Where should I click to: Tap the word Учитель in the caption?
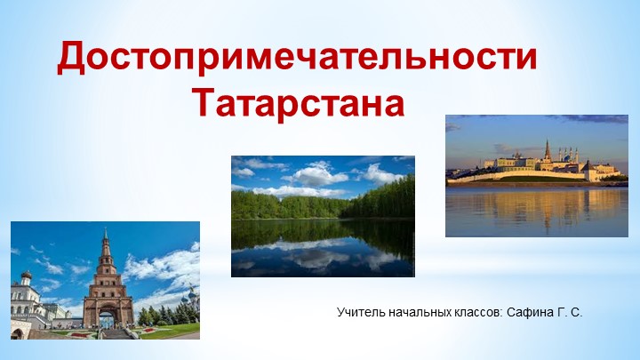pos(359,313)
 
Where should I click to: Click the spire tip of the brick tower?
pos(105,230)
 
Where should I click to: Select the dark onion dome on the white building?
pos(26,276)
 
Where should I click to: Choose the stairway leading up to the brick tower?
pos(116,333)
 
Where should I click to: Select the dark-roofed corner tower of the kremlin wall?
pos(587,165)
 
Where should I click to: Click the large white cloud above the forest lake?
pos(316,174)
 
